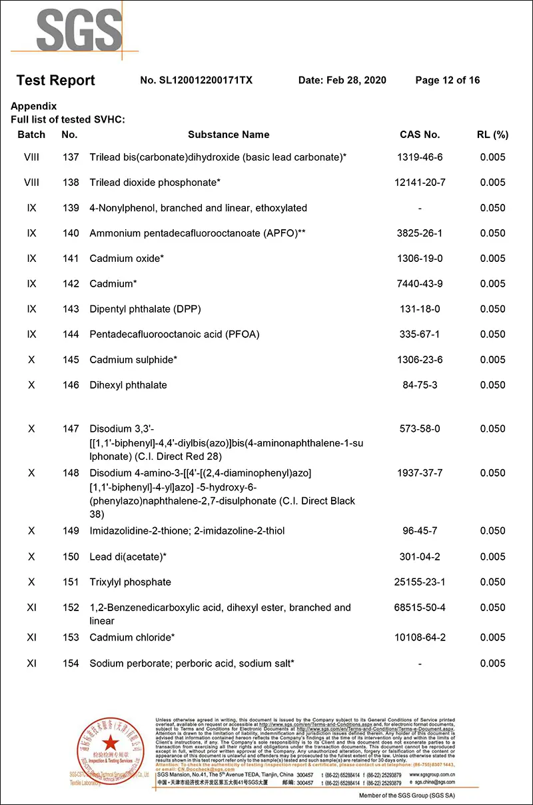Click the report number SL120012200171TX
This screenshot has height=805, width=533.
pos(197,81)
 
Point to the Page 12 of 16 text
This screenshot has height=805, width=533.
pos(447,81)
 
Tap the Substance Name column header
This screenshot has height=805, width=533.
pos(229,135)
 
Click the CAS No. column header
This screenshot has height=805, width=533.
pos(420,135)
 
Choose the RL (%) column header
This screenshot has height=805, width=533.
pos(492,135)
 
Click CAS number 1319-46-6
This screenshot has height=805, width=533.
pos(420,157)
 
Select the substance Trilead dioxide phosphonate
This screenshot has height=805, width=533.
pos(155,183)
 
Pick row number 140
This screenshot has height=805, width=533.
pos(70,233)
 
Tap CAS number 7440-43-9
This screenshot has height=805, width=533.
pos(420,284)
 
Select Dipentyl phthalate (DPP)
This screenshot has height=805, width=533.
pos(145,309)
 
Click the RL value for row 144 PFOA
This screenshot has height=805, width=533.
pos(492,335)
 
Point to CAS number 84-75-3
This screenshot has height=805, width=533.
pos(420,385)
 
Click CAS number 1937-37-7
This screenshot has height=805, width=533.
pos(420,473)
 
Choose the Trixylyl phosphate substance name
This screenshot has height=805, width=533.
pos(131,582)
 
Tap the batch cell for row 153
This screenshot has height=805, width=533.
pos(31,638)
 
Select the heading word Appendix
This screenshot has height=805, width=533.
pos(34,107)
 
